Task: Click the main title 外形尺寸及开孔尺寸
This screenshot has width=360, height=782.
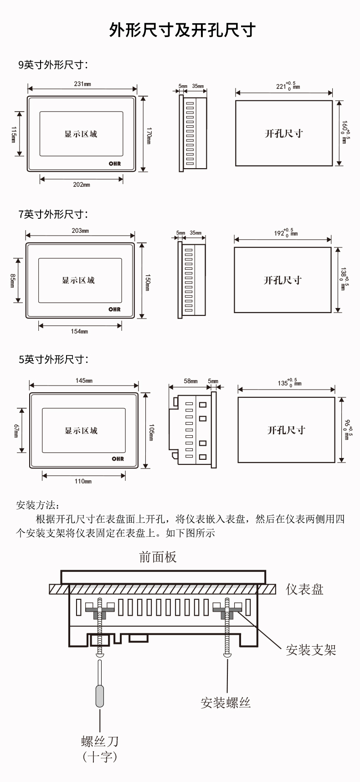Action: [182, 30]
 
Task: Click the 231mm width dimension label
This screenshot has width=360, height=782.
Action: [82, 84]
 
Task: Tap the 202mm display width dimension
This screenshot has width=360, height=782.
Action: [82, 185]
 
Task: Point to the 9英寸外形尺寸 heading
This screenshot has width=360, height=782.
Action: [53, 65]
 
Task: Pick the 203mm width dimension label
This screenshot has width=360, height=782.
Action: [80, 231]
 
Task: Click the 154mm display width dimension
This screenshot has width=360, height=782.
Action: [79, 331]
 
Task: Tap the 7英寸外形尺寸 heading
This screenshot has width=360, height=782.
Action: [53, 214]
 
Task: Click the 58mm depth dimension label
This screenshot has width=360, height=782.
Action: [190, 381]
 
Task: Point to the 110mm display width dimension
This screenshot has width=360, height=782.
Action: [83, 481]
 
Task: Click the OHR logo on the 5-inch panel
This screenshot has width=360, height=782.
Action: [118, 459]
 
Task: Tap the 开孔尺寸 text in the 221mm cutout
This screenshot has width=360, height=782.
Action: [284, 134]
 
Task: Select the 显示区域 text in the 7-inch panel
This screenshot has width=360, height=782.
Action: [78, 280]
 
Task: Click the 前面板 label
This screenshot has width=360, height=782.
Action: [158, 557]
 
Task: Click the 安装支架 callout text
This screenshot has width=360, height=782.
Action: [311, 650]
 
